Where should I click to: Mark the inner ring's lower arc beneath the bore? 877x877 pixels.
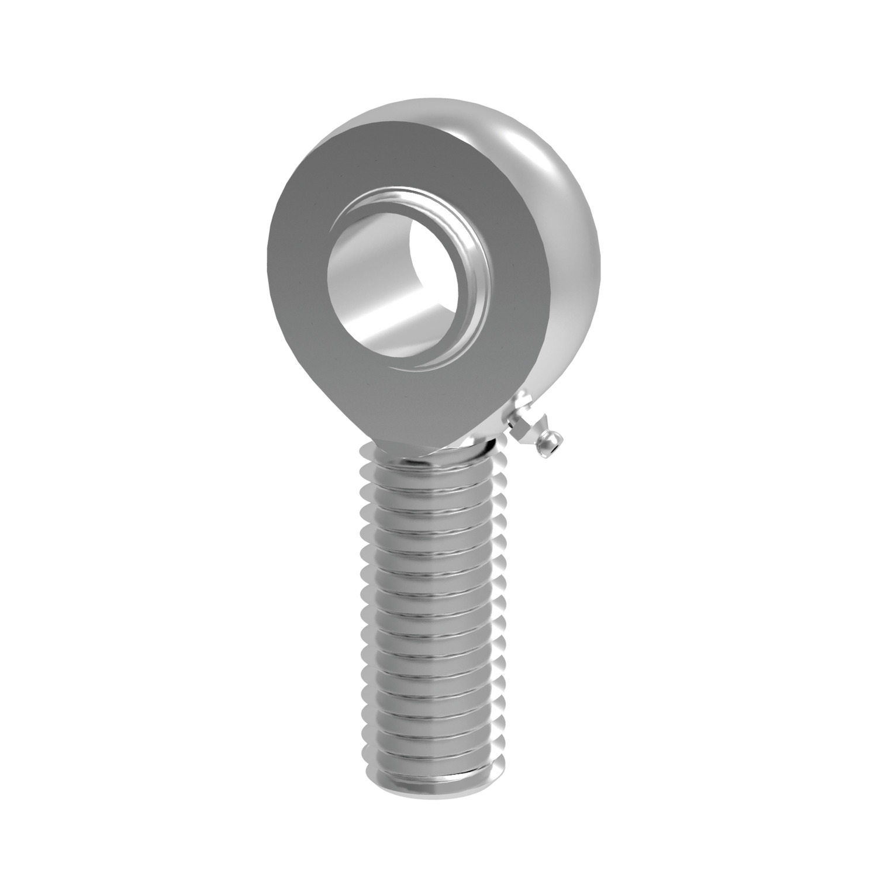pyautogui.click(x=421, y=365)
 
